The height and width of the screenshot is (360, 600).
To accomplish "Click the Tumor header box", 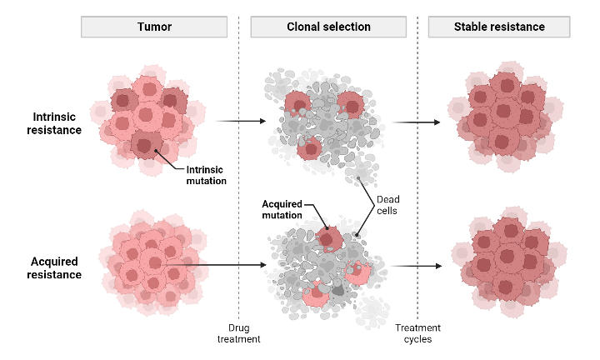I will (154, 27).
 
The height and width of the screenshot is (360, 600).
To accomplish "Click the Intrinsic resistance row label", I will (57, 123).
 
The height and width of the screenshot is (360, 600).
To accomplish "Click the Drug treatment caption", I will (238, 333).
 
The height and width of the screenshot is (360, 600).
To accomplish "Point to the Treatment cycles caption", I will (417, 333).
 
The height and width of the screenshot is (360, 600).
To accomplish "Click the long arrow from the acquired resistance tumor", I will (225, 267).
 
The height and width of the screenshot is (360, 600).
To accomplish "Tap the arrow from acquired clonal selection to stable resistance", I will (417, 267).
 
